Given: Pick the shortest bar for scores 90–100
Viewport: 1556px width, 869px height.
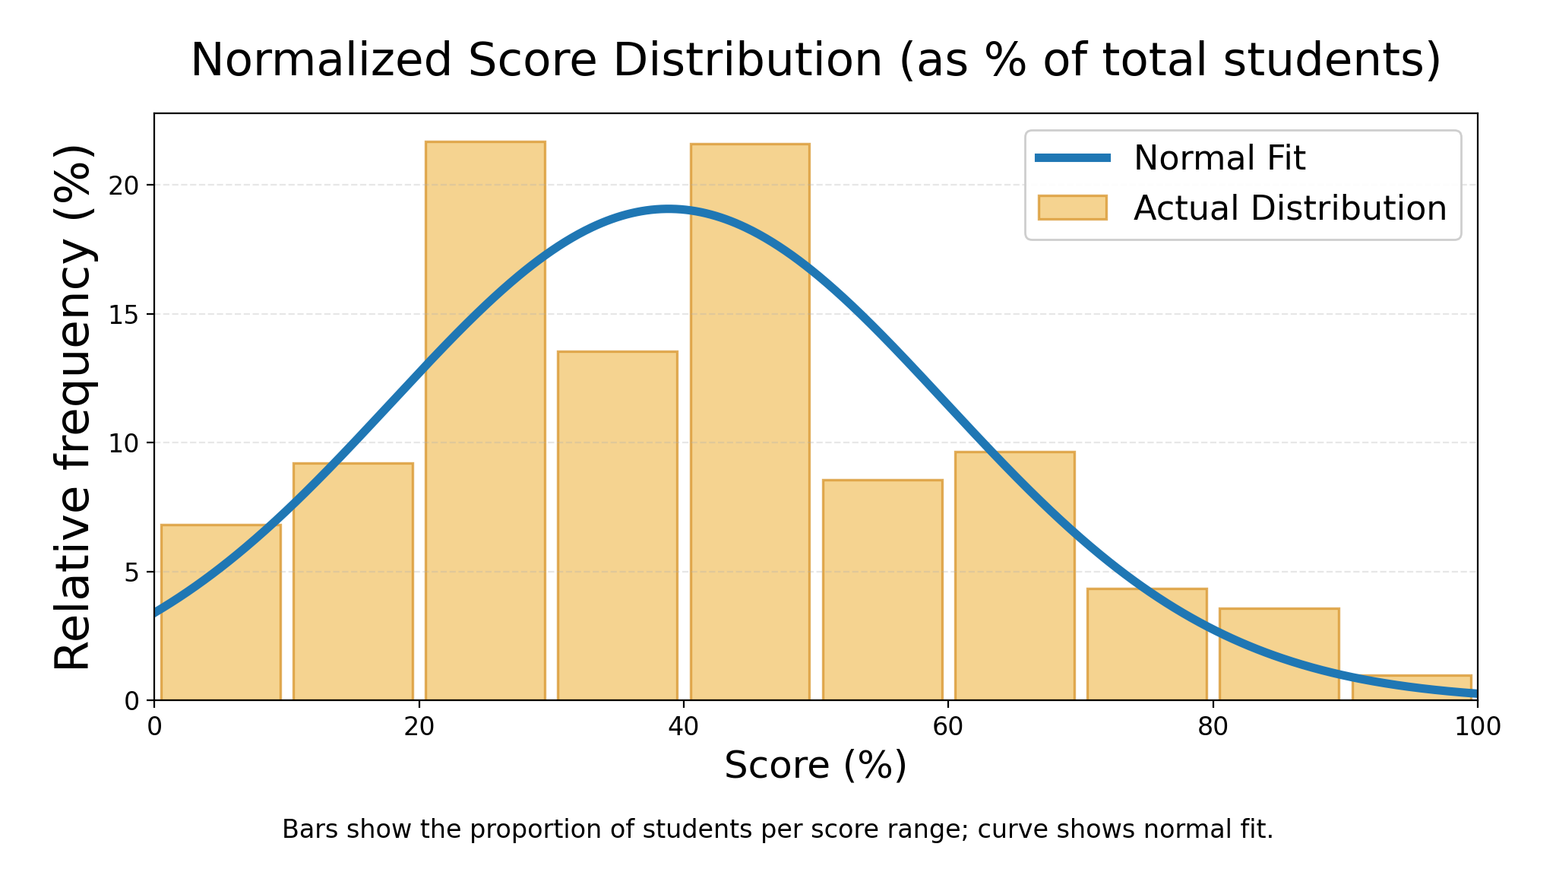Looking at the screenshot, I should click(1412, 689).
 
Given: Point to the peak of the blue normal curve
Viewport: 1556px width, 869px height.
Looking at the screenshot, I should click(668, 209).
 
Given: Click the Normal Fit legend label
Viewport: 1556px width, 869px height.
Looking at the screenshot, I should click(1219, 158).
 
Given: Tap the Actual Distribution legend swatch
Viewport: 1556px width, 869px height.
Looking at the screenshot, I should click(1072, 208).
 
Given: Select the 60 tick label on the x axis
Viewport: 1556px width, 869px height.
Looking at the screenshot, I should click(948, 727).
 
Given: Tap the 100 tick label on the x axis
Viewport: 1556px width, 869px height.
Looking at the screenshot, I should click(1477, 727).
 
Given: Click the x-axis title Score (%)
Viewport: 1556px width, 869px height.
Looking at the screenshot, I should click(815, 765).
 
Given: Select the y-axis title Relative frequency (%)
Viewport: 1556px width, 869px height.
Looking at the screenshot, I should click(74, 407).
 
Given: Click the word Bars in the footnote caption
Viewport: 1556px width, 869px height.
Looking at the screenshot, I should click(302, 829).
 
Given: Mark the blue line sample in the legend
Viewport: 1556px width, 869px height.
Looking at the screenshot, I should click(1072, 158).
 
